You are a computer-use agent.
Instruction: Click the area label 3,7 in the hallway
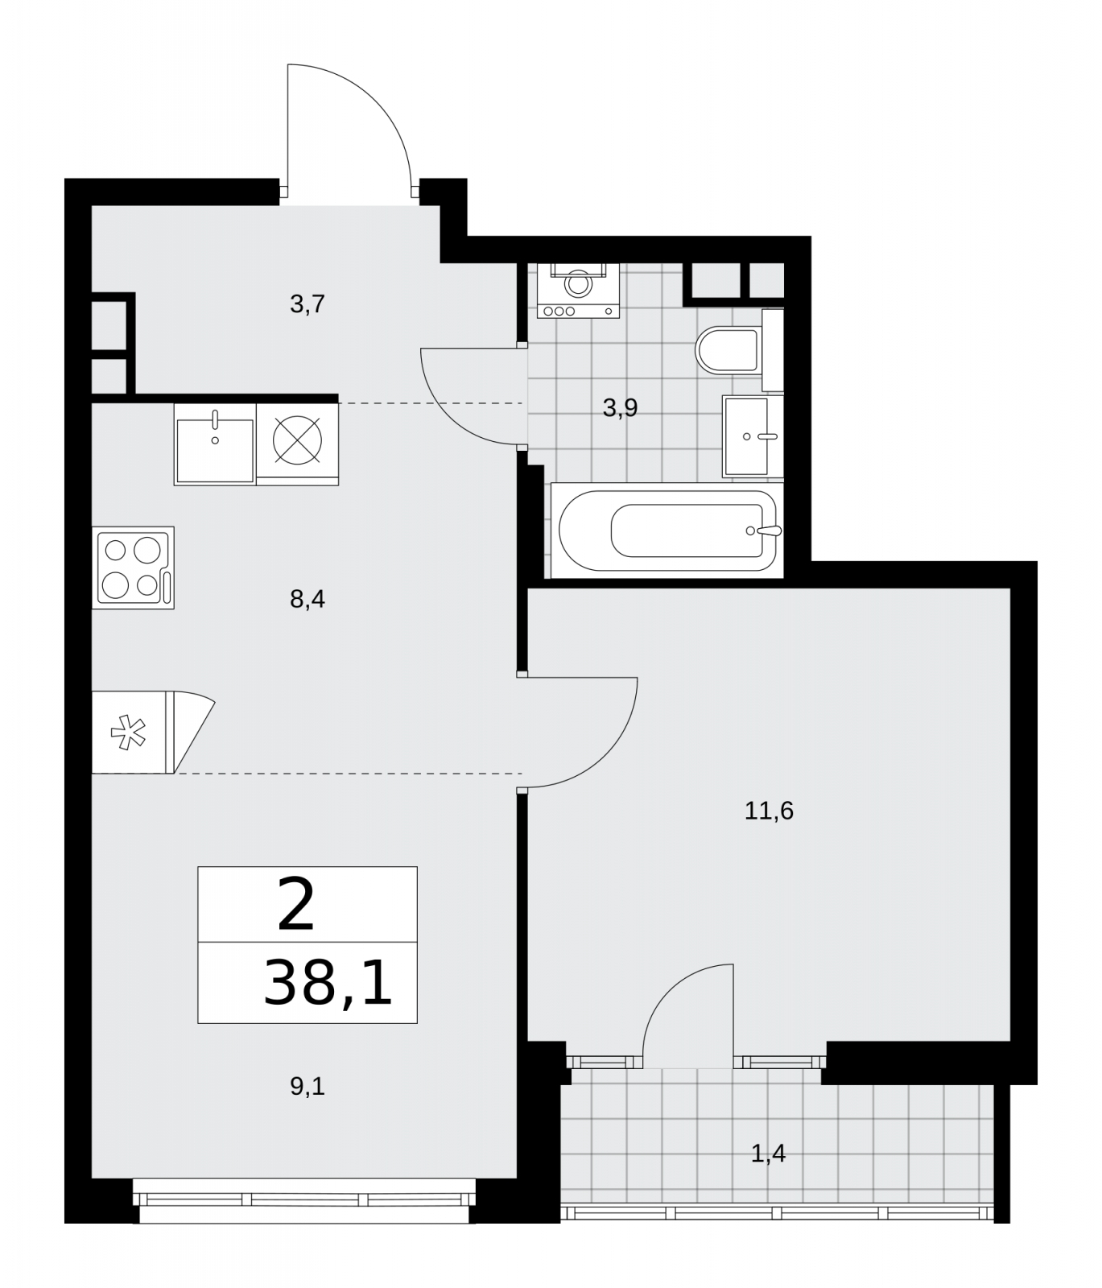coord(307,304)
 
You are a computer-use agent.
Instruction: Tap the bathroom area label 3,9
coord(620,408)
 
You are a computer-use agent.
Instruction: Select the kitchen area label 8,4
coord(307,599)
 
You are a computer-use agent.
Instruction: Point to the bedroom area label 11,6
coord(769,811)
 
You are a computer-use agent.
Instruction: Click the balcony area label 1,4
coord(768,1154)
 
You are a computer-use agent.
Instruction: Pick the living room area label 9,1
coord(307,1087)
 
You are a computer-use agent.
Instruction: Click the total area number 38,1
coord(328,983)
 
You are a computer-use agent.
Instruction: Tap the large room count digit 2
coord(295,905)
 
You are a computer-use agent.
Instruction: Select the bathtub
coord(667,530)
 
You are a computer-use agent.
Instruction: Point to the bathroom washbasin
coord(753,436)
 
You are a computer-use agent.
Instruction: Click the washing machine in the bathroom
coord(577,290)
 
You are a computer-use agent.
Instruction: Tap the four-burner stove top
coord(133,567)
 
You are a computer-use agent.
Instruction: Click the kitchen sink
coord(215,444)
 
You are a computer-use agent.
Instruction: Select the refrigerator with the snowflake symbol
coord(153,732)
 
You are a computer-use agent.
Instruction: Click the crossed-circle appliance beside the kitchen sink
coord(297,444)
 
